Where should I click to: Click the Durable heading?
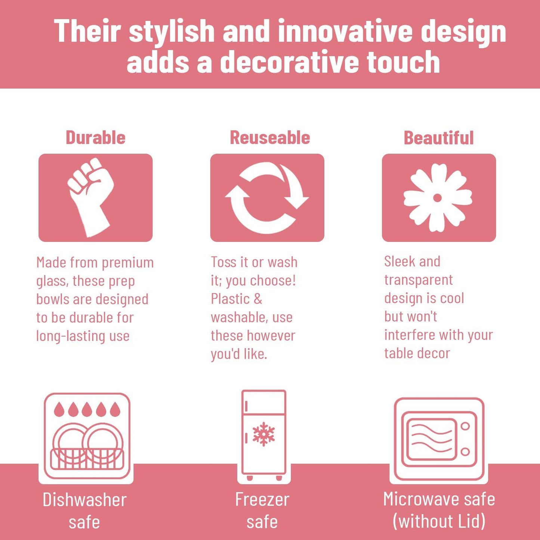pyautogui.click(x=96, y=138)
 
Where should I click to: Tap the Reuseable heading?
pyautogui.click(x=270, y=138)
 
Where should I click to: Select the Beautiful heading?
pyautogui.click(x=439, y=138)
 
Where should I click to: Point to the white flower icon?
pyautogui.click(x=438, y=198)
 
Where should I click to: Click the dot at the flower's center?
pyautogui.click(x=438, y=198)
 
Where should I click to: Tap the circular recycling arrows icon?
pyautogui.click(x=267, y=198)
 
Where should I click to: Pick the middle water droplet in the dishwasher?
pyautogui.click(x=87, y=410)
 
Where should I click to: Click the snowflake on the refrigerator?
pyautogui.click(x=264, y=434)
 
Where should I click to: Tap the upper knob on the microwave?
pyautogui.click(x=465, y=426)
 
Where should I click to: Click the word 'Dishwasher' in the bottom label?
pyautogui.click(x=84, y=500)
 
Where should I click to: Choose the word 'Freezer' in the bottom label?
pyautogui.click(x=262, y=500)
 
